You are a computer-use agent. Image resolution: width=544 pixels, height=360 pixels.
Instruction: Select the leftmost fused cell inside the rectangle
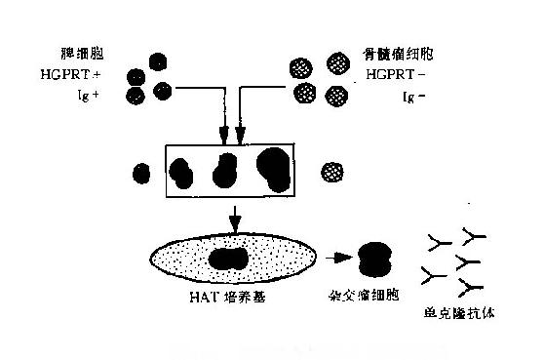tap(180, 173)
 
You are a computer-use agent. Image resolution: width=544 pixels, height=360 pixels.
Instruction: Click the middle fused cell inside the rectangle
tap(226, 170)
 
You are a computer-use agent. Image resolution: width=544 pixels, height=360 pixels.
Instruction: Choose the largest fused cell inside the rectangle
tap(275, 171)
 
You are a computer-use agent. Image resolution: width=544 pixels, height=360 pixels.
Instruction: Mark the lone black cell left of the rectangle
tap(141, 174)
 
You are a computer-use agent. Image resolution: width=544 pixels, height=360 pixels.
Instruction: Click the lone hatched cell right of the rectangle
tap(333, 172)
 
